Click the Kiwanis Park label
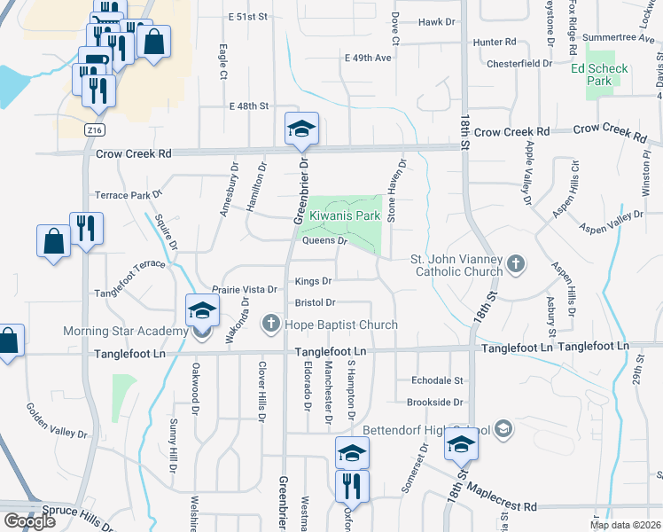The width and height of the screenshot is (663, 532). [x=344, y=215]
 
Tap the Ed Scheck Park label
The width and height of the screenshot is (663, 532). [x=600, y=74]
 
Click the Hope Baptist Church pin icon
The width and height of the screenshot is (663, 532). [x=273, y=325]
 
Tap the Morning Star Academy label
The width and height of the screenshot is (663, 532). [x=125, y=332]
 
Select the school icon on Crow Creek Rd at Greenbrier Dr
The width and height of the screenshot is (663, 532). [x=300, y=130]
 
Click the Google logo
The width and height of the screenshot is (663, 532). [x=29, y=521]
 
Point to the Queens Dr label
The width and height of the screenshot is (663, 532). [x=324, y=240]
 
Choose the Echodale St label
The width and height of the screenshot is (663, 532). [x=438, y=380]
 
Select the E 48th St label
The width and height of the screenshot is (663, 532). [x=248, y=106]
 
